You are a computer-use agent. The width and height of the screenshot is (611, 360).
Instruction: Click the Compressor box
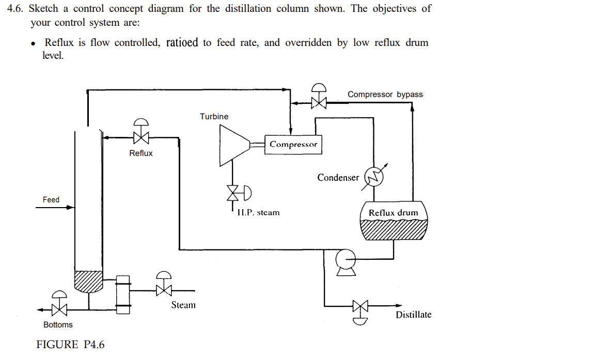[x=293, y=144]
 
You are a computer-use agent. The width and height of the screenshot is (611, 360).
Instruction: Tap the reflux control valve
[x=140, y=137]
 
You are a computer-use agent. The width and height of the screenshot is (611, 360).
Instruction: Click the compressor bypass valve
[x=319, y=102]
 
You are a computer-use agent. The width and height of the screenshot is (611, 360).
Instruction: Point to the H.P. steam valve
[x=234, y=193]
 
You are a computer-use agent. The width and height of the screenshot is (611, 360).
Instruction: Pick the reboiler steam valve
[x=164, y=290]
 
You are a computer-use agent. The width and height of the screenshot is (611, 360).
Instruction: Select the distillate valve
[x=360, y=306]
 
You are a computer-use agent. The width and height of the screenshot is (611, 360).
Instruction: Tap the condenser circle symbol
[x=374, y=177]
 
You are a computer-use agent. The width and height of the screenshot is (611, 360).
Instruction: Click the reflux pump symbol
[x=345, y=257]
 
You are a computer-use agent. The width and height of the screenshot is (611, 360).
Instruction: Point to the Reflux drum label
[x=393, y=213]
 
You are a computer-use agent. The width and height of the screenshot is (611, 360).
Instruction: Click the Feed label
[x=51, y=200]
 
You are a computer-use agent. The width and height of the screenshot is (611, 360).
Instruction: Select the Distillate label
[x=413, y=315]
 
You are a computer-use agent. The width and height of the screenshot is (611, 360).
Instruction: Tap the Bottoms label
[x=58, y=325]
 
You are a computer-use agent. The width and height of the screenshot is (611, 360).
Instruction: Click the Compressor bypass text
[x=385, y=95]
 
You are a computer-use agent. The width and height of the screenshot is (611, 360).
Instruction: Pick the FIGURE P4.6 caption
[x=70, y=345]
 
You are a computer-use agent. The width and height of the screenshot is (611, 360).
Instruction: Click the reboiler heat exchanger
[x=122, y=294]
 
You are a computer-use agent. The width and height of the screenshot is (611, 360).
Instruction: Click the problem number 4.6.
[x=15, y=9]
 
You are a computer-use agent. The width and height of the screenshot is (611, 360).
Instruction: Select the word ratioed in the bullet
[x=182, y=42]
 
